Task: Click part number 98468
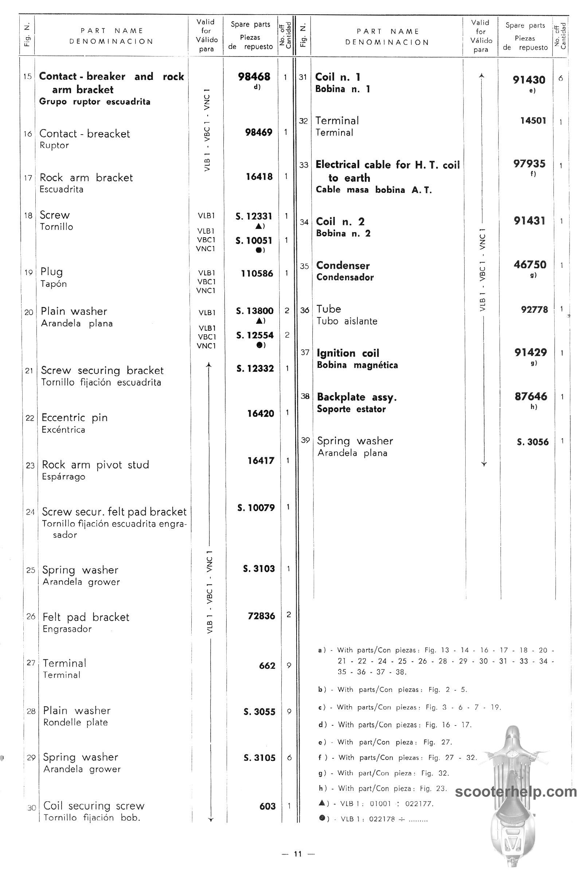click(254, 77)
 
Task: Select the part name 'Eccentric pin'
click(74, 418)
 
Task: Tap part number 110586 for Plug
click(257, 273)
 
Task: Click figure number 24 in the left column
click(31, 512)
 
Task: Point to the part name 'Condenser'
click(343, 266)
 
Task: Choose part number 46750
click(530, 265)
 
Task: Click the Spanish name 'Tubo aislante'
click(347, 321)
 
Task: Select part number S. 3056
click(532, 442)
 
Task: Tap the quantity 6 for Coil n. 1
click(561, 79)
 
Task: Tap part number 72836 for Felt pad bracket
click(261, 616)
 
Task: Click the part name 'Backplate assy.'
click(357, 397)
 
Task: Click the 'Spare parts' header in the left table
click(250, 24)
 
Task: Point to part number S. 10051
click(254, 241)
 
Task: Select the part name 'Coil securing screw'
click(94, 806)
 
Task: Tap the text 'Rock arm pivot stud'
click(95, 464)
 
